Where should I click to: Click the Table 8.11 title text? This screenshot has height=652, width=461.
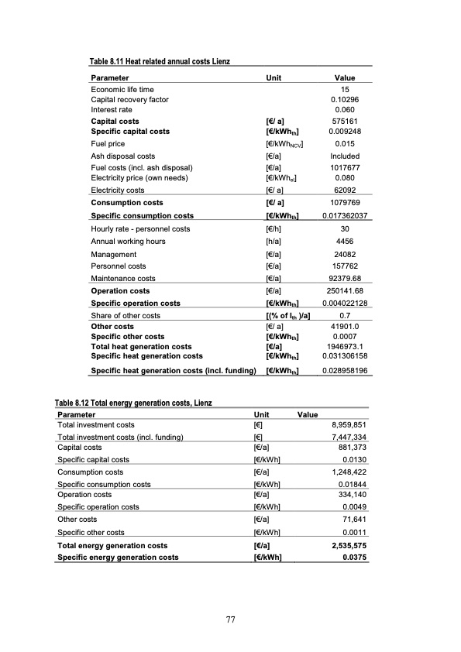click(x=160, y=61)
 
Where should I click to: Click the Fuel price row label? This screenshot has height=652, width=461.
click(x=108, y=144)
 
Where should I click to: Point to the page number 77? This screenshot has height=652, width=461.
click(x=230, y=619)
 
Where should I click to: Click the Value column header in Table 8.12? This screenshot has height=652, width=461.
click(x=308, y=414)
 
